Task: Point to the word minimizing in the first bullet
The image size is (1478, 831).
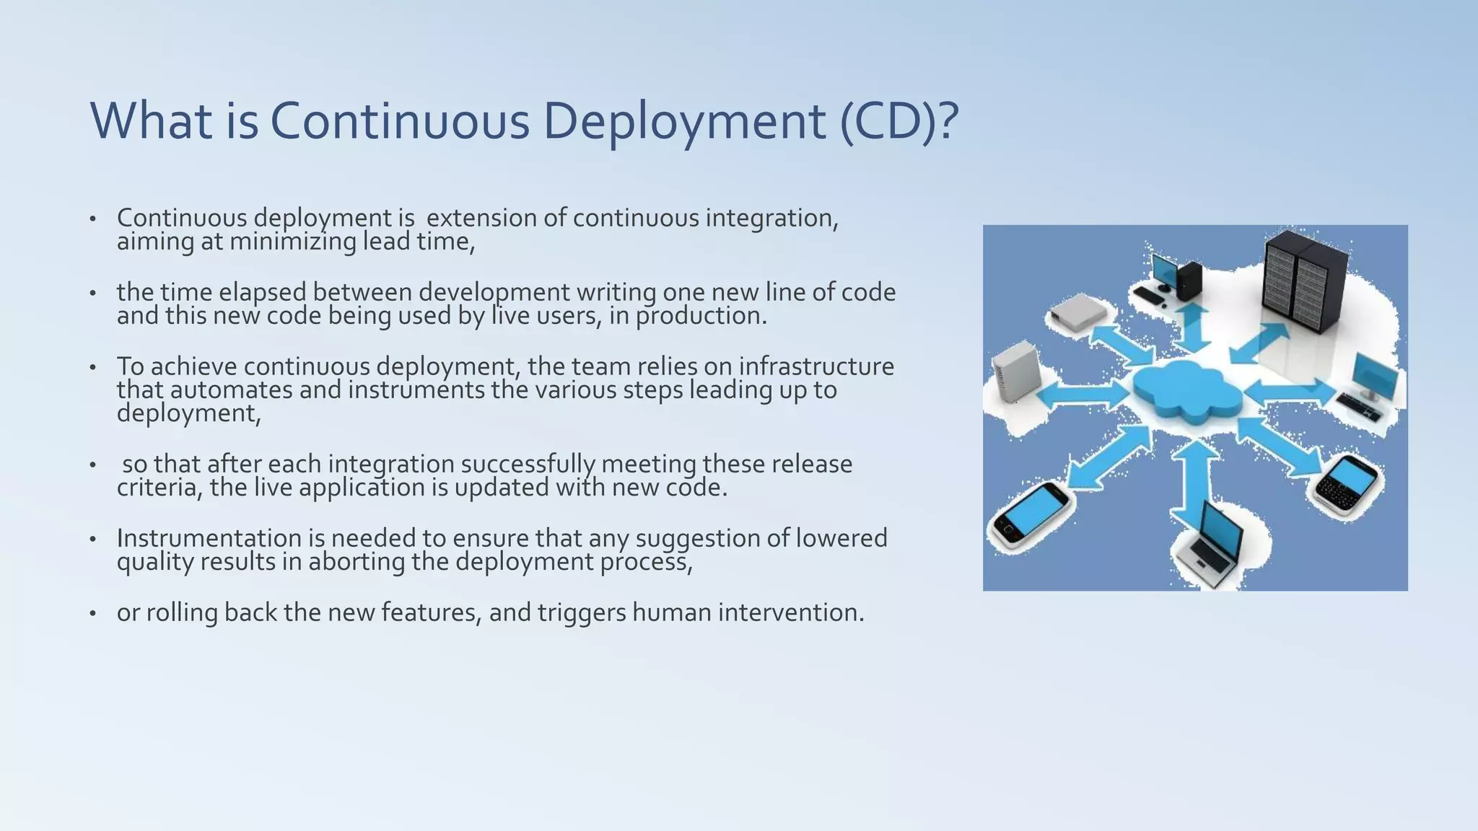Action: click(292, 242)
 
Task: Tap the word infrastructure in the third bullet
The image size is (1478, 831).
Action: click(815, 366)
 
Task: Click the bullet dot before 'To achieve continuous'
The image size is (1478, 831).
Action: click(92, 367)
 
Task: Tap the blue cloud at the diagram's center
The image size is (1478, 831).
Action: click(1187, 390)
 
